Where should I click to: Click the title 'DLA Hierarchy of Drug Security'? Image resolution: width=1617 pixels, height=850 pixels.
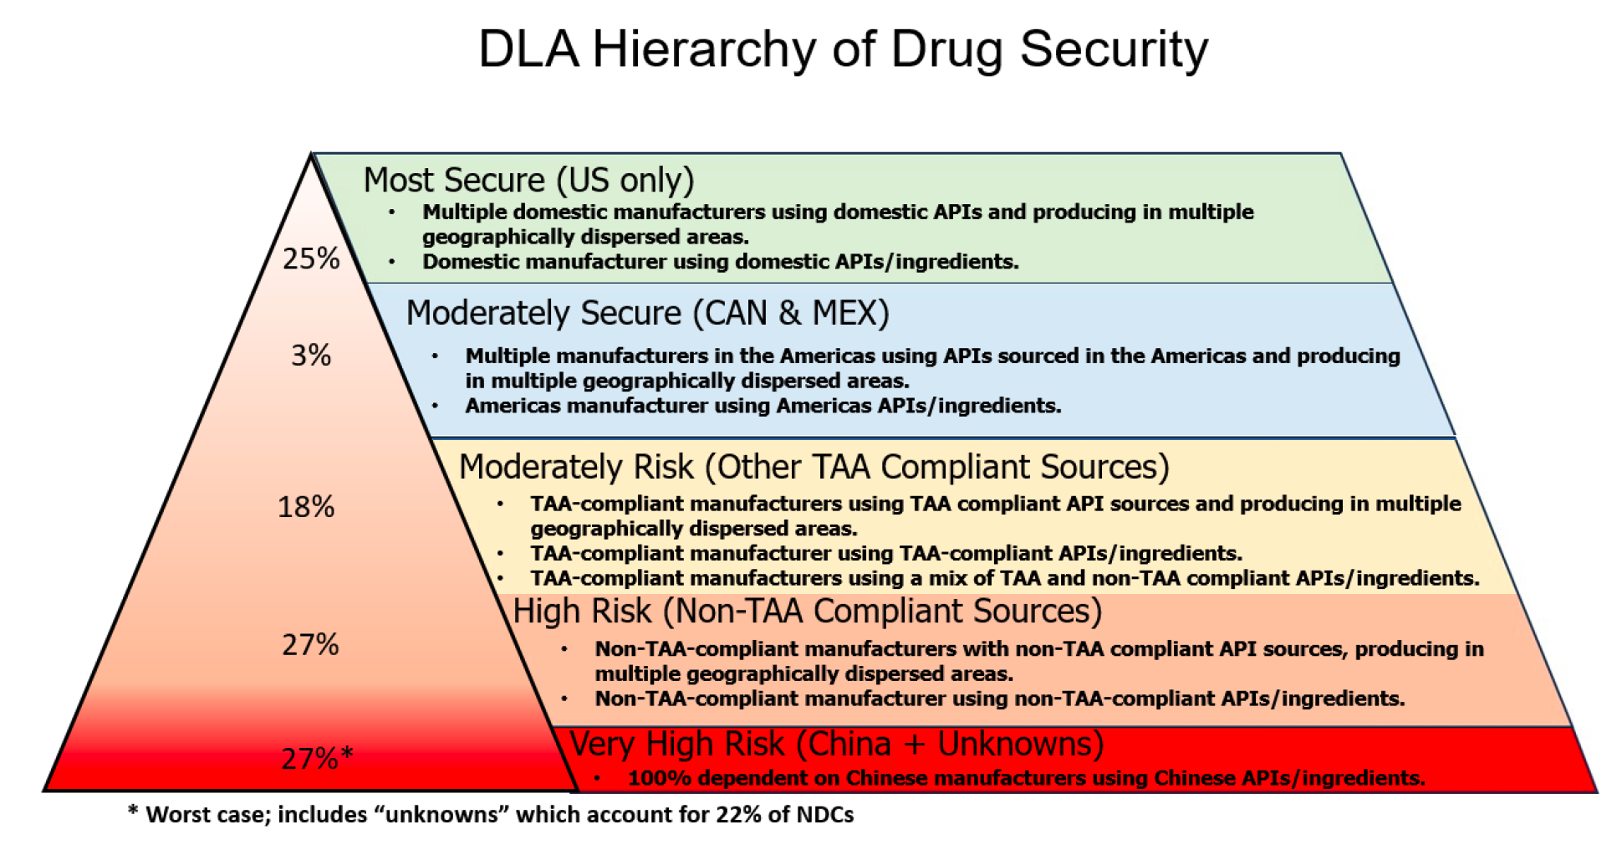843,50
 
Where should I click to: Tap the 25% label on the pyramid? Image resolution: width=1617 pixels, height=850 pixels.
311,259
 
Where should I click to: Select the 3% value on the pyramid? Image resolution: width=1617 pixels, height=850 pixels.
311,356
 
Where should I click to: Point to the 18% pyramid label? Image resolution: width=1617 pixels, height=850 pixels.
306,507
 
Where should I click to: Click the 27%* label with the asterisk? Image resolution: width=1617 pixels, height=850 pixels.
317,759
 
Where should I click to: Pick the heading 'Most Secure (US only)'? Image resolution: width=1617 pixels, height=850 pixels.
528,181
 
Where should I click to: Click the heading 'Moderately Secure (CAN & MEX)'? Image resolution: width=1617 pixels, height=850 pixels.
647,313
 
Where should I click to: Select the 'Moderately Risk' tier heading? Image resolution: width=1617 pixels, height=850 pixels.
576,467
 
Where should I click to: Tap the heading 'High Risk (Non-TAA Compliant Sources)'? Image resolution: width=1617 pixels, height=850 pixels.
808,612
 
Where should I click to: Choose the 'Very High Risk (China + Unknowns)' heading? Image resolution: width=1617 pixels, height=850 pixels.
836,744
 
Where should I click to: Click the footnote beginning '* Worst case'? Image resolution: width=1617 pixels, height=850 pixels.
491,815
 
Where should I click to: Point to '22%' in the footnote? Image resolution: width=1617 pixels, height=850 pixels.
738,815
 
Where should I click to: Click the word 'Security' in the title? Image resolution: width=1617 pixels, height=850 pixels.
1114,50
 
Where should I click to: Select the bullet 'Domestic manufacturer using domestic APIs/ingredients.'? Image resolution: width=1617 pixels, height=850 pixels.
720,262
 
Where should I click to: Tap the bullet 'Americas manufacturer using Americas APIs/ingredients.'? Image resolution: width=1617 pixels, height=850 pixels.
763,406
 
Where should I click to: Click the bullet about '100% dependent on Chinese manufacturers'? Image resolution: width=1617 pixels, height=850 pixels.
1026,778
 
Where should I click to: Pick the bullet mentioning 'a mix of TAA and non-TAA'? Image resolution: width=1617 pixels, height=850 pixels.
1004,578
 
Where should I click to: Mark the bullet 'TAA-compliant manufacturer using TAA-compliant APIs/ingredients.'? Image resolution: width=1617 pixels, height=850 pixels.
886,553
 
